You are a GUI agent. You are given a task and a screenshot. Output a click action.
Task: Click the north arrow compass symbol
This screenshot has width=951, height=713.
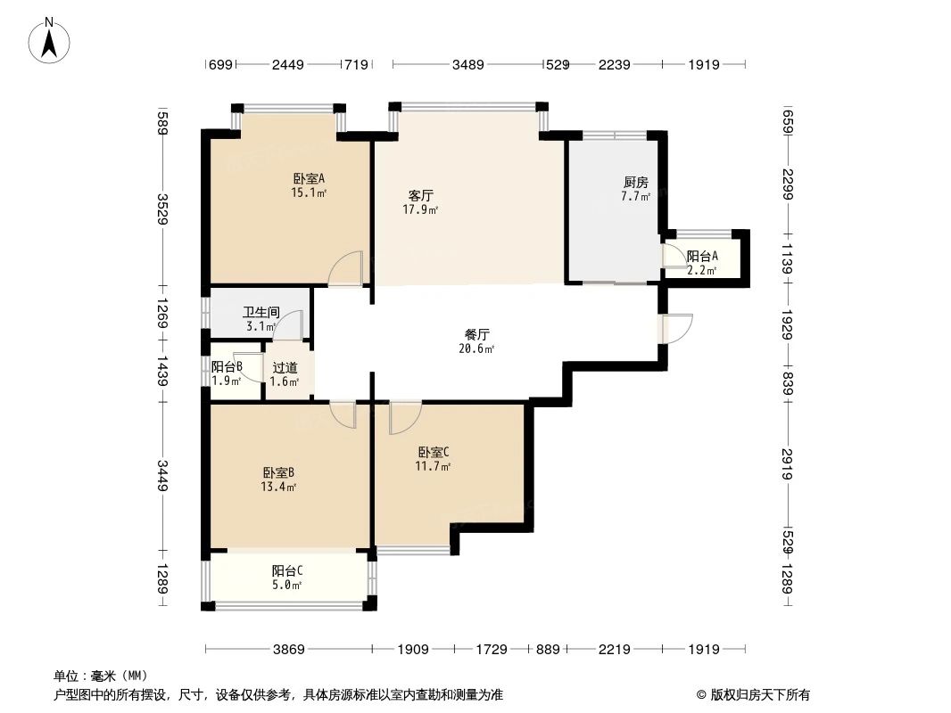51,40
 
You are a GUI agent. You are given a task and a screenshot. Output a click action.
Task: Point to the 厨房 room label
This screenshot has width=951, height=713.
636,182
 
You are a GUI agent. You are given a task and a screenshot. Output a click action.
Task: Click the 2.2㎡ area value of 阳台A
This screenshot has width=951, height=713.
701,270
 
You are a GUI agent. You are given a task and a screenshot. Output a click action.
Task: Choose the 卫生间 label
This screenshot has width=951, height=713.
261,313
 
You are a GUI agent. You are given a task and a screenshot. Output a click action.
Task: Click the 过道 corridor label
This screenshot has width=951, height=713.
285,367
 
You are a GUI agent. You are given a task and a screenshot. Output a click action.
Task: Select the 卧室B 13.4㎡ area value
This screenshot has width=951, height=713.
279,487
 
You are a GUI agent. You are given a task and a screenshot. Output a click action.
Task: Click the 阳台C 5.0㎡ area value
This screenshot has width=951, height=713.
286,585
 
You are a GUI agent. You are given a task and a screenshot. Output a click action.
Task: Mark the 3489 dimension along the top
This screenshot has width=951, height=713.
468,64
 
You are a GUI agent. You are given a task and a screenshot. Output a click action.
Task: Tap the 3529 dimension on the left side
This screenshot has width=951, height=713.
162,209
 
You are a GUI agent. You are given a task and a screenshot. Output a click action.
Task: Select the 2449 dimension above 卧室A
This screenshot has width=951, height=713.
288,64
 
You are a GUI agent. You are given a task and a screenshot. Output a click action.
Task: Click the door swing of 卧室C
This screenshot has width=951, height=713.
405,416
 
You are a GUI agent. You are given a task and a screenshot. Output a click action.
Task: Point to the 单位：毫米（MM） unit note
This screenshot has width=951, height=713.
101,676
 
